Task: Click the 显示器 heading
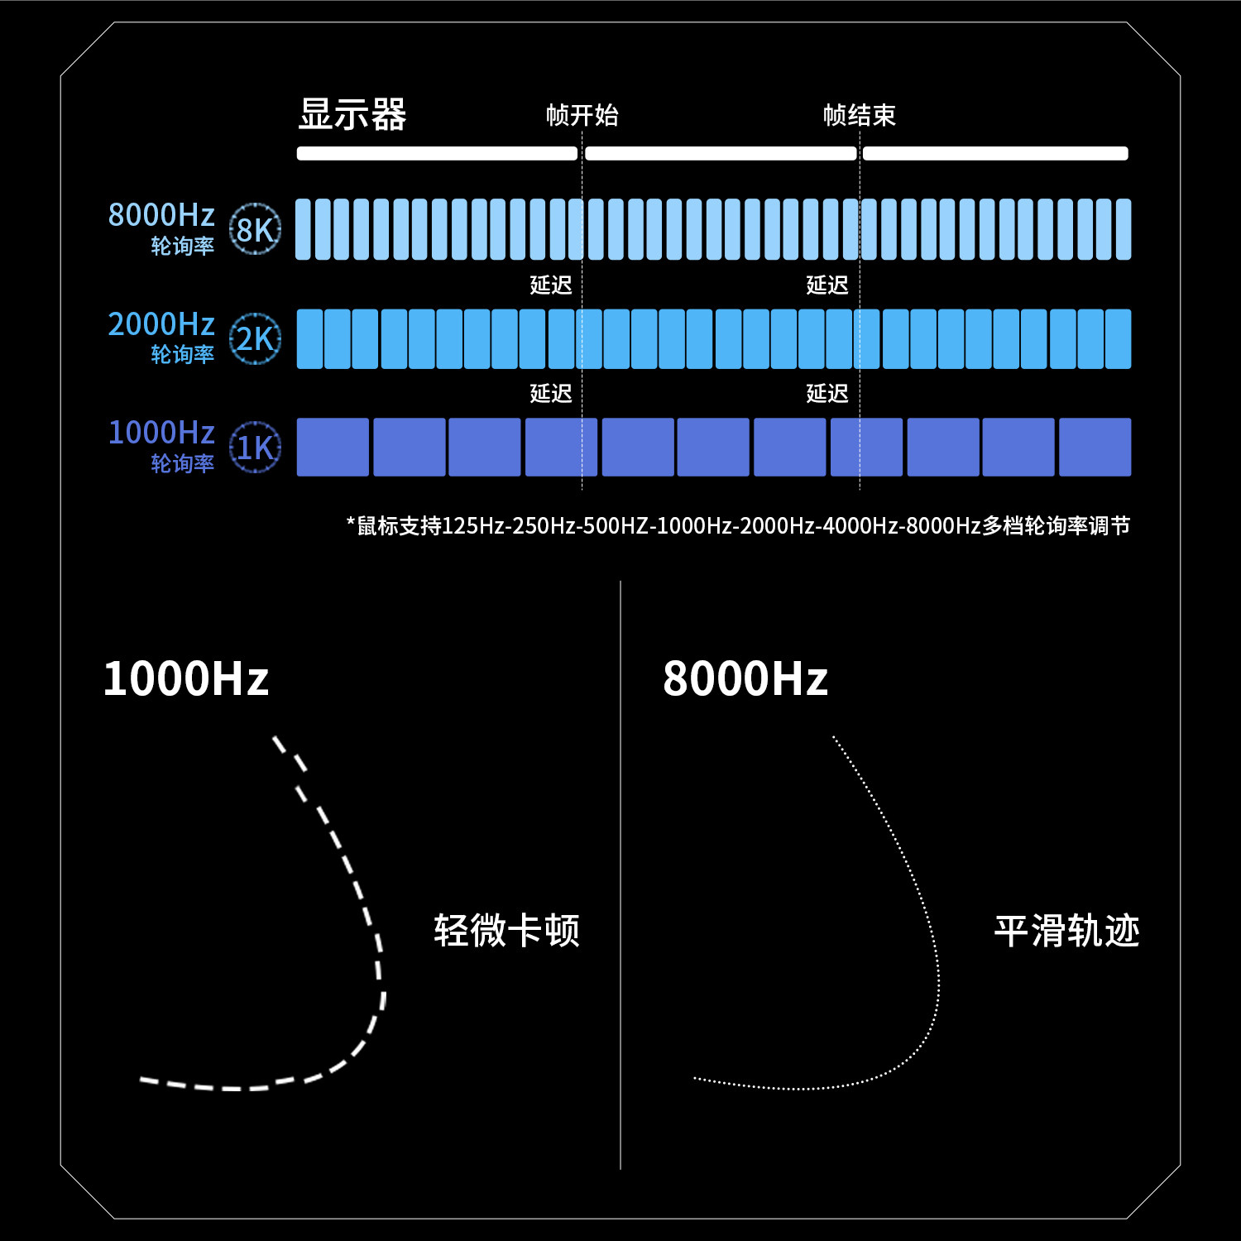352,114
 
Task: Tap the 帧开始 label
582,115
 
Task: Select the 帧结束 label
860,115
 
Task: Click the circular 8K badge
255,229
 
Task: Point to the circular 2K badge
255,338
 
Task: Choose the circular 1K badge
255,448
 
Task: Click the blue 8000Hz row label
161,215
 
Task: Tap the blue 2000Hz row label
161,324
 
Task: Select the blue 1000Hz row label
161,433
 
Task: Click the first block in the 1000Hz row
333,447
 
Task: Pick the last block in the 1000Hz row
1095,447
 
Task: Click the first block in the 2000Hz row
309,339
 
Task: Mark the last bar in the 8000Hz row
1124,229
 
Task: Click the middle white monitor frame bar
721,153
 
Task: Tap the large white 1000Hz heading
186,678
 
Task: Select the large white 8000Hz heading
745,678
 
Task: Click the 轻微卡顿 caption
506,931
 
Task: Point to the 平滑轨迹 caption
1067,931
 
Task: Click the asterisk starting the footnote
351,522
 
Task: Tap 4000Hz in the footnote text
856,526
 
